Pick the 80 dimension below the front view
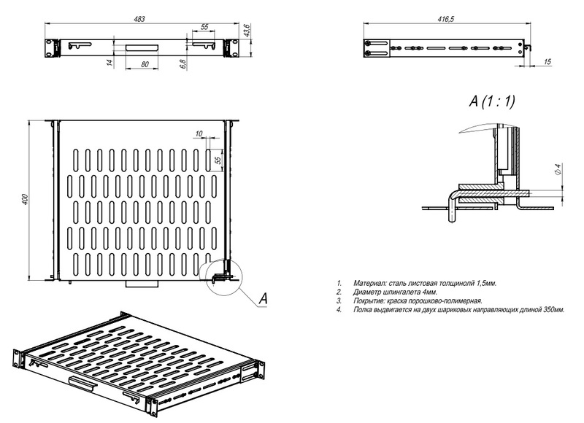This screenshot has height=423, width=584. (145, 65)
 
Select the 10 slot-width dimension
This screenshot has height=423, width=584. (199, 133)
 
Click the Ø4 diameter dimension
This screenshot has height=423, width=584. (558, 169)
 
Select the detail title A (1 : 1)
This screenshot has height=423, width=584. (492, 101)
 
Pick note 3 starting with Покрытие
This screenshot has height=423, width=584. (420, 300)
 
